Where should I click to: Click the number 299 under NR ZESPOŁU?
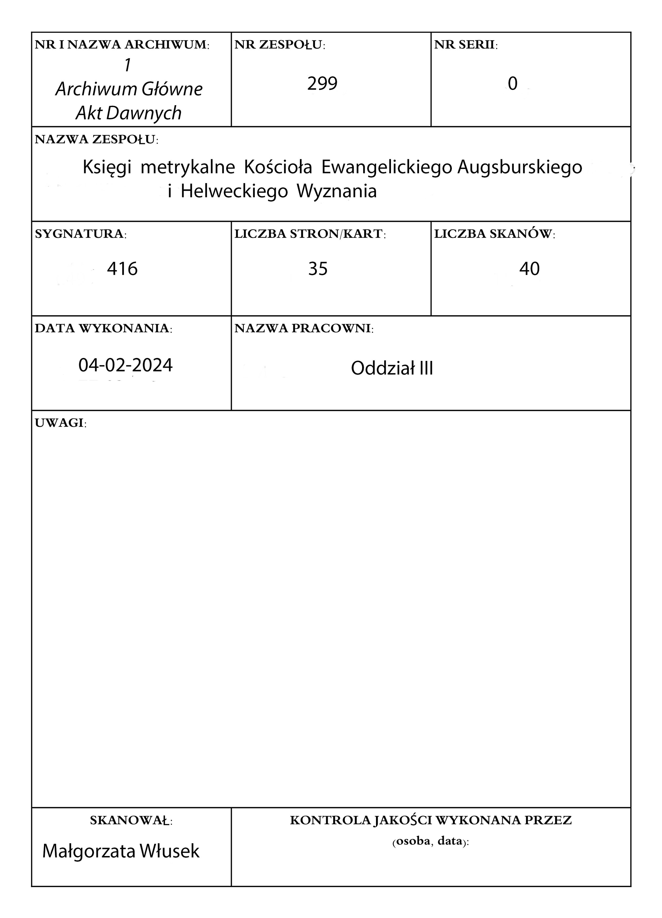pos(322,84)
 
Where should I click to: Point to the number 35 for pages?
pos(317,269)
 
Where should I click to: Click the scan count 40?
pos(529,269)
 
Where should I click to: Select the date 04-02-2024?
pos(125,365)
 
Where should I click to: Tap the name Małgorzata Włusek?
pos(121,851)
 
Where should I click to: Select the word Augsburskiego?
pos(520,167)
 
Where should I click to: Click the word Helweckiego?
pos(234,191)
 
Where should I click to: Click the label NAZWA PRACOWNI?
pos(304,328)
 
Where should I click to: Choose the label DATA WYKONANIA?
pos(103,328)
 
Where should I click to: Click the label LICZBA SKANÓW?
pos(494,234)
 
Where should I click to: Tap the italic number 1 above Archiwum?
pos(128,66)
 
